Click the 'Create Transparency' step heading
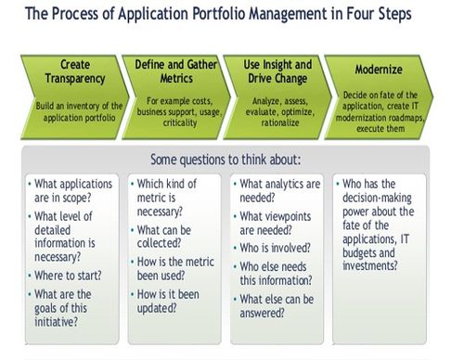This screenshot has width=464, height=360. tap(74, 71)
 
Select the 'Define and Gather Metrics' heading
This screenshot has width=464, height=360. tap(175, 71)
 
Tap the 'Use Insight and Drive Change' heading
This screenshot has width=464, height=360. tap(277, 71)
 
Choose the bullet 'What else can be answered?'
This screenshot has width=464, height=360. tap(278, 307)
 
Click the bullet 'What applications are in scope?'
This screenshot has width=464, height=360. tap(74, 192)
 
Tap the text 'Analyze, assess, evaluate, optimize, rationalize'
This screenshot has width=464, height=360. tap(277, 111)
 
